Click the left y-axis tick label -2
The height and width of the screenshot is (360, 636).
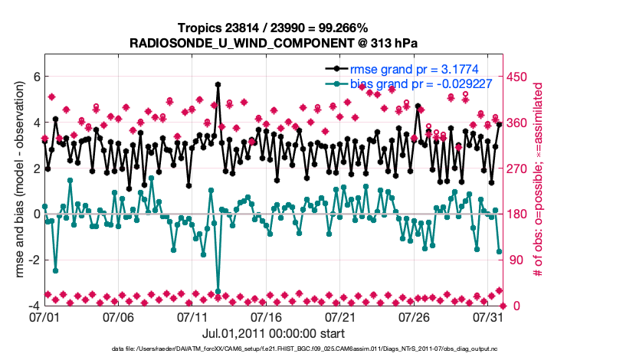click(x=33, y=260)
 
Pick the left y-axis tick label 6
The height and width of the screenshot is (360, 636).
click(x=35, y=77)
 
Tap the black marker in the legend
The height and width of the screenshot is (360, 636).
click(x=336, y=69)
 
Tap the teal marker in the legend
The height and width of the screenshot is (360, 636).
click(x=336, y=83)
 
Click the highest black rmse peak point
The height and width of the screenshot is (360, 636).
click(x=218, y=85)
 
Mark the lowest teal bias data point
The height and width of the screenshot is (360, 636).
click(x=218, y=291)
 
